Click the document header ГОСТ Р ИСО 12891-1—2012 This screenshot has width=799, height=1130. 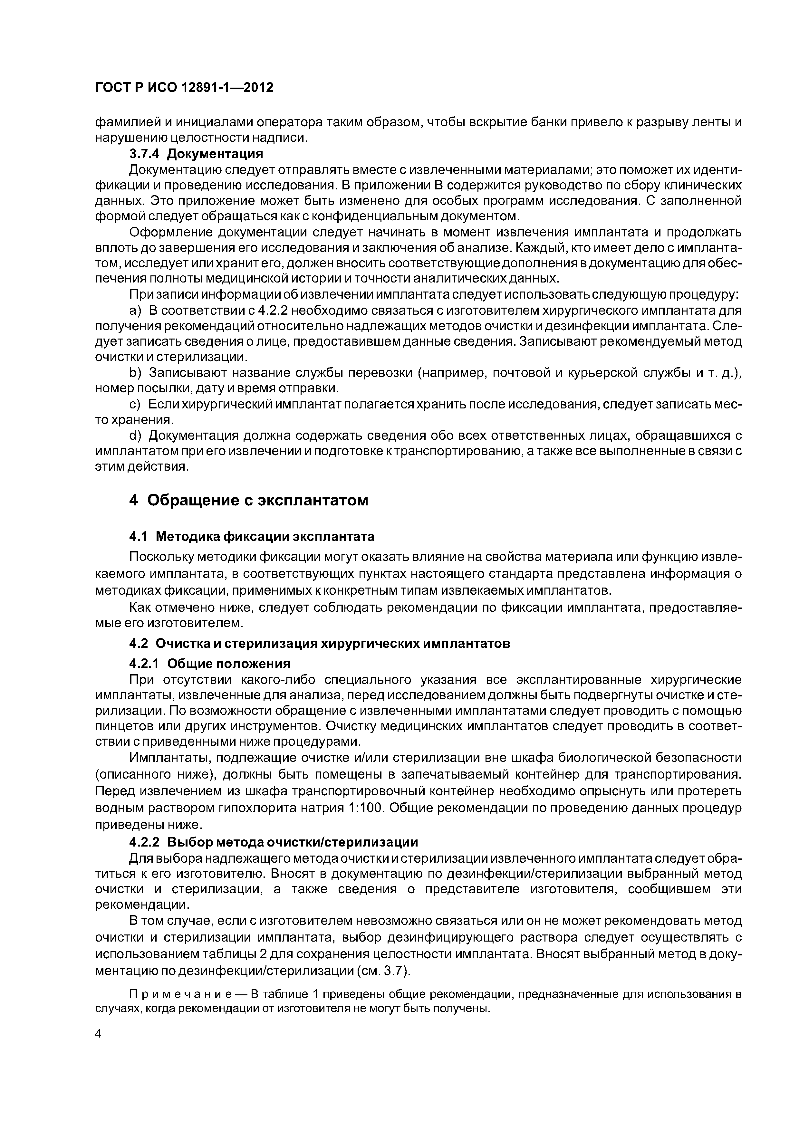tap(184, 88)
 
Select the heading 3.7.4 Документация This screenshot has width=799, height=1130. tap(196, 154)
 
